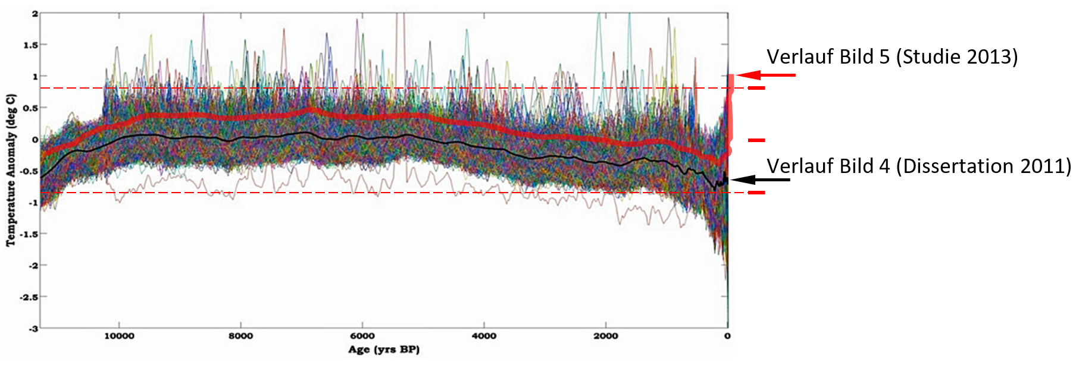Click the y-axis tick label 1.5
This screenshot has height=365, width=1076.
click(x=30, y=45)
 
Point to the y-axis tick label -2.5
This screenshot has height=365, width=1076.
click(x=29, y=297)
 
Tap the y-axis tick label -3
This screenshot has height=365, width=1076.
click(x=33, y=328)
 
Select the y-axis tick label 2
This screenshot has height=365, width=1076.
click(x=35, y=14)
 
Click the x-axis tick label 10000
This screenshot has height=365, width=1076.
click(x=119, y=336)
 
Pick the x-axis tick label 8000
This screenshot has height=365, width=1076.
click(x=240, y=336)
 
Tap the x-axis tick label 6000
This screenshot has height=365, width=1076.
click(x=362, y=336)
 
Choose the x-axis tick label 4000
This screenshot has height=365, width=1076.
click(x=484, y=336)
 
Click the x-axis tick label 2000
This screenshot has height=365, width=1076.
click(x=606, y=336)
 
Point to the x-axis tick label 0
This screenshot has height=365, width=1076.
click(x=727, y=336)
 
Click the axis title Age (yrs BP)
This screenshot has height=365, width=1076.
click(x=384, y=350)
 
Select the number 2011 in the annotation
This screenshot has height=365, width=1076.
click(x=1042, y=166)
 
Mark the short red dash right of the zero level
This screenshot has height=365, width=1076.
click(x=756, y=140)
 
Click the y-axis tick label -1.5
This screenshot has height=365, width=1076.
click(x=29, y=234)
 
